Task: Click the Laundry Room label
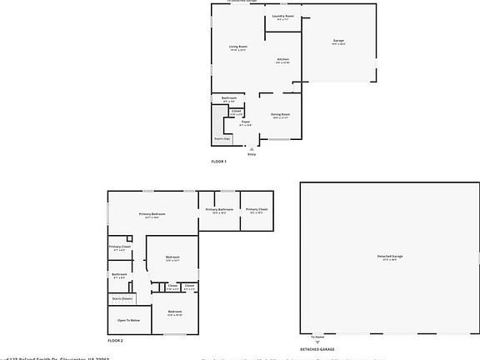(x=283, y=17)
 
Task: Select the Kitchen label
(x=283, y=59)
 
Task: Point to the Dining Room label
(x=280, y=114)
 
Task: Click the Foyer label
(x=246, y=122)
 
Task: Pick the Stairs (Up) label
(x=222, y=138)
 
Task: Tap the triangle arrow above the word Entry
(x=252, y=148)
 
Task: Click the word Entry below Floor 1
(x=252, y=154)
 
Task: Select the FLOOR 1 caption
(x=218, y=160)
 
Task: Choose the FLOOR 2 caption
(x=115, y=341)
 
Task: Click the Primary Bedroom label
(x=152, y=214)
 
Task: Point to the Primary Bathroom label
(x=219, y=209)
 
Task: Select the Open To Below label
(x=128, y=320)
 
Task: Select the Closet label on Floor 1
(x=237, y=111)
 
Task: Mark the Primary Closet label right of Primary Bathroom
(x=257, y=209)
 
